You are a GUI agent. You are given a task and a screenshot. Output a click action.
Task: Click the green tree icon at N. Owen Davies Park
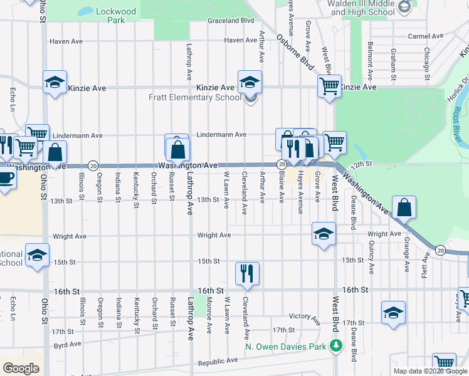coord(337,345)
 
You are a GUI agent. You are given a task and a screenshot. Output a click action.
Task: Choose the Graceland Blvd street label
coord(231,20)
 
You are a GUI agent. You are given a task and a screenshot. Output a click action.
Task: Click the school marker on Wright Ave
coord(323,234)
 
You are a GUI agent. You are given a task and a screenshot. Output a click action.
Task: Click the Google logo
coord(21,368)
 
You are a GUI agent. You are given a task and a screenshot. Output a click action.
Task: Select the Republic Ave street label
coord(218,361)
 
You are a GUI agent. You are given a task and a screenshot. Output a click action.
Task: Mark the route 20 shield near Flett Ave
coord(441,251)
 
